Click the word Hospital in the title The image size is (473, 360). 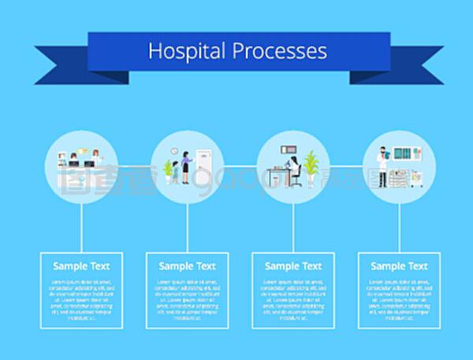(187, 51)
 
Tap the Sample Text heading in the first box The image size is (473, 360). (81, 266)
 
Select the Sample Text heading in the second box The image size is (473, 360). (187, 266)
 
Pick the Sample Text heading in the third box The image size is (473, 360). (292, 266)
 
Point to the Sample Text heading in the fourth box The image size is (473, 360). (399, 266)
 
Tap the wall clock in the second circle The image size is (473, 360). (174, 151)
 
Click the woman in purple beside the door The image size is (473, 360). (187, 167)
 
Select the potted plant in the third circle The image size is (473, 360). (311, 167)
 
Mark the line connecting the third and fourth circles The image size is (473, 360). (346, 166)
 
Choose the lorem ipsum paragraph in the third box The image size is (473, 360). (292, 300)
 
